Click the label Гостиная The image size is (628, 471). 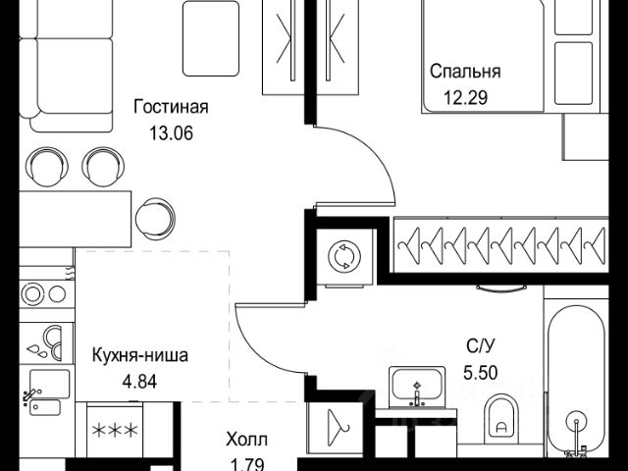click(x=173, y=106)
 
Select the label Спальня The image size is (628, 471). click(x=465, y=71)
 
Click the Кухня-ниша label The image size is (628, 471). click(x=140, y=355)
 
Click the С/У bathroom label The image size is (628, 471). click(x=480, y=344)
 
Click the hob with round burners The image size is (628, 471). click(x=45, y=292)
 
